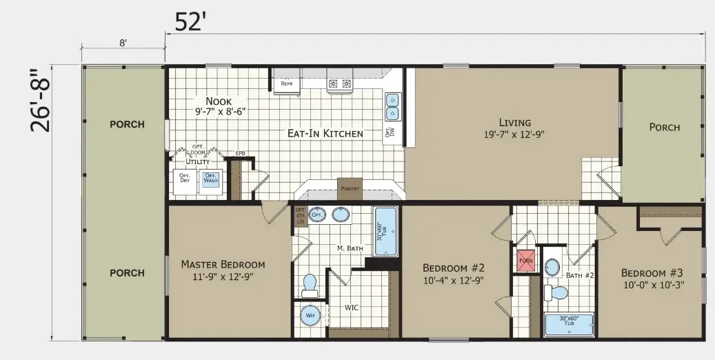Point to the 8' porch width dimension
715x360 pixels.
(123, 43)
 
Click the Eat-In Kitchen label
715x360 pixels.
(325, 133)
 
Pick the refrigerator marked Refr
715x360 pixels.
(287, 84)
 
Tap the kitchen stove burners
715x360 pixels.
(339, 84)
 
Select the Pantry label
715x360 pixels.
(350, 188)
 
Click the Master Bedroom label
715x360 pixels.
(223, 264)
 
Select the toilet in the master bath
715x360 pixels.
(309, 283)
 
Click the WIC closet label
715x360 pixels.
(352, 307)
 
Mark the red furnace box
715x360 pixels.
(526, 261)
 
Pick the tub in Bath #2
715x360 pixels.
(570, 325)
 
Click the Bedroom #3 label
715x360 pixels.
(652, 272)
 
